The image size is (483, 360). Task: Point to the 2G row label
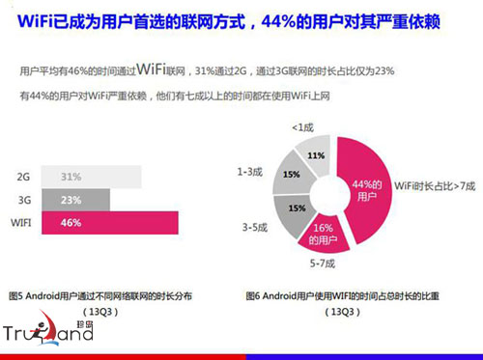[24, 178]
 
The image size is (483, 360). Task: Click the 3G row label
[24, 201]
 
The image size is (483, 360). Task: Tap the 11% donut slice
[315, 156]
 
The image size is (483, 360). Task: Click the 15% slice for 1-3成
[291, 176]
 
